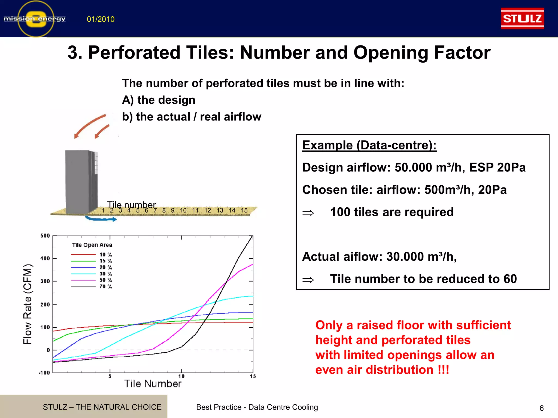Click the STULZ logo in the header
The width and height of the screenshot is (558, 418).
pyautogui.click(x=522, y=19)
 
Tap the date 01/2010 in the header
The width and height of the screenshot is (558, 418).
pyautogui.click(x=101, y=19)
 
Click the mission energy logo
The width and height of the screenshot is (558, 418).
pyautogui.click(x=35, y=19)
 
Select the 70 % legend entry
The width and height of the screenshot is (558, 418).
pyautogui.click(x=106, y=287)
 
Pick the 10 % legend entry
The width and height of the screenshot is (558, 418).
pyautogui.click(x=106, y=255)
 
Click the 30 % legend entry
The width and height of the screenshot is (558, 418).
pyautogui.click(x=106, y=274)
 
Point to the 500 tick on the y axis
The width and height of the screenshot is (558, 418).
pyautogui.click(x=45, y=236)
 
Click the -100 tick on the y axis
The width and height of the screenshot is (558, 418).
pyautogui.click(x=44, y=373)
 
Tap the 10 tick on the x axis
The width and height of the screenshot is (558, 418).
pyautogui.click(x=181, y=376)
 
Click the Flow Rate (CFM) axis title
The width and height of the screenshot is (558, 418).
pyautogui.click(x=28, y=304)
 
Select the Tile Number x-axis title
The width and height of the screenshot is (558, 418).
pyautogui.click(x=153, y=384)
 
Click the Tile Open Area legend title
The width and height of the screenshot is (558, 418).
pyautogui.click(x=92, y=245)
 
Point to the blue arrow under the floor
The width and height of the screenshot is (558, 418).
pyautogui.click(x=101, y=219)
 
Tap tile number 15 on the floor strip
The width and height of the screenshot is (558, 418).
pyautogui.click(x=244, y=210)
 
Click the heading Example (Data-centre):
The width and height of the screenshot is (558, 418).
pyautogui.click(x=369, y=145)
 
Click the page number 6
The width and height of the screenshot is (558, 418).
pyautogui.click(x=541, y=408)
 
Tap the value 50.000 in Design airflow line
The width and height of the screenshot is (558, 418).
pyautogui.click(x=413, y=168)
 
